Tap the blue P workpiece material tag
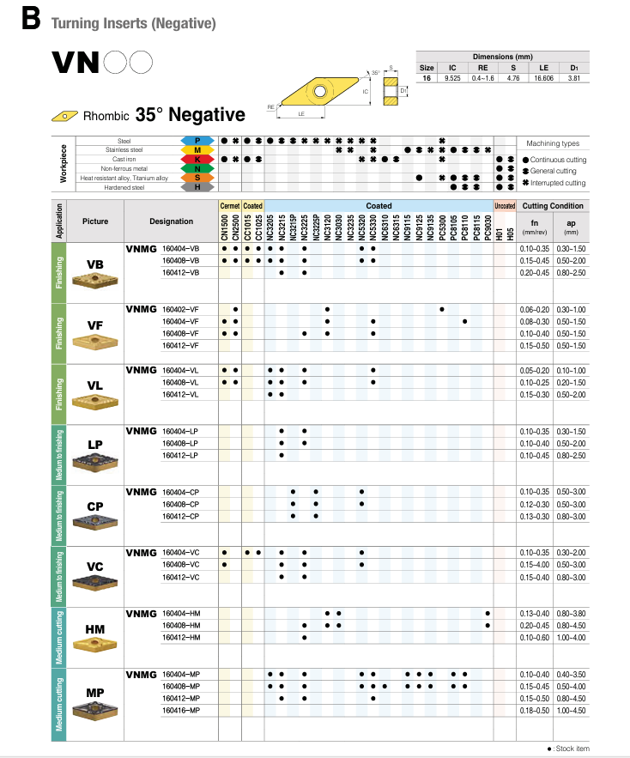pos(197,140)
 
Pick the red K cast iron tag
pos(197,159)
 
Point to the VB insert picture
pos(96,281)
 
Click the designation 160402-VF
pos(180,308)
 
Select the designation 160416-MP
pos(181,711)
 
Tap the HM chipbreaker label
pos(95,629)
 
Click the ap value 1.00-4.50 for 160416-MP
pos(571,711)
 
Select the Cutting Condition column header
pos(553,206)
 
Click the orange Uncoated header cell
pos(505,206)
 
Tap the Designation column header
pos(171,221)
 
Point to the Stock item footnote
pos(568,749)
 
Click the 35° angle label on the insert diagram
pos(375,74)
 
